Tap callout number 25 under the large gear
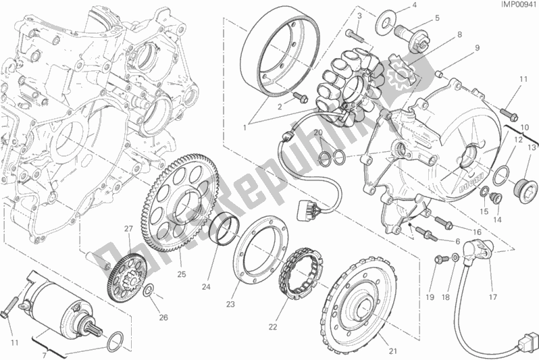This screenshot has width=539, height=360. [x=180, y=274]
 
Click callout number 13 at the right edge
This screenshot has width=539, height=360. [x=531, y=148]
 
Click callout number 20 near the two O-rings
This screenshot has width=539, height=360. [x=317, y=132]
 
